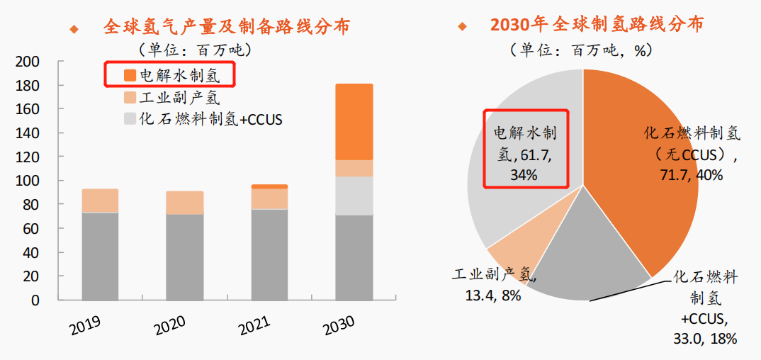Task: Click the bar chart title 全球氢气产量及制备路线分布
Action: point(226,27)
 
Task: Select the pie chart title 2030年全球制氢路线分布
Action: point(597,24)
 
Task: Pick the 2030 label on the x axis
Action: point(339,325)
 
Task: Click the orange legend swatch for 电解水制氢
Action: point(129,75)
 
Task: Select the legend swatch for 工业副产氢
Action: point(129,97)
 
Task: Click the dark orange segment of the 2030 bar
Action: point(354,121)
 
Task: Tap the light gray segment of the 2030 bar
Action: point(354,196)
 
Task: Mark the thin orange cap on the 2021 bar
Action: point(269,186)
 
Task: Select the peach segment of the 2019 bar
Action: point(100,201)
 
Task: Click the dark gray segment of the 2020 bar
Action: point(184,257)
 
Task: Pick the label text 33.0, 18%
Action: point(705,339)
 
